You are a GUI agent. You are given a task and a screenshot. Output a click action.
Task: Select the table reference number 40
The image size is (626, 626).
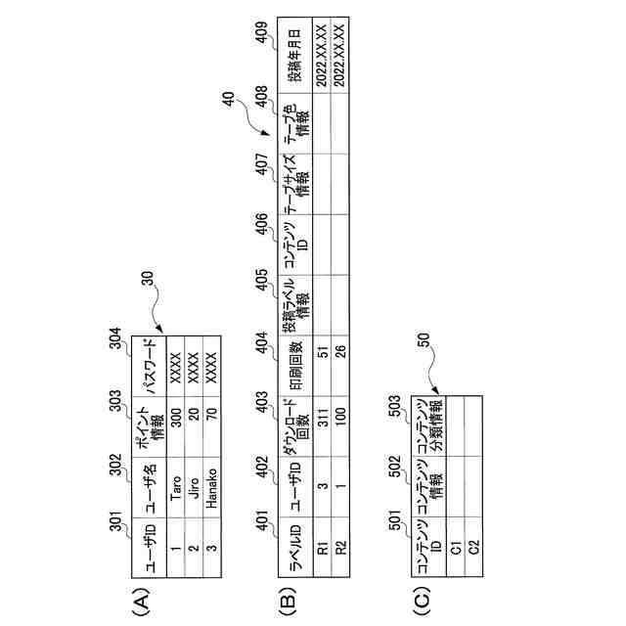coord(227,99)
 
